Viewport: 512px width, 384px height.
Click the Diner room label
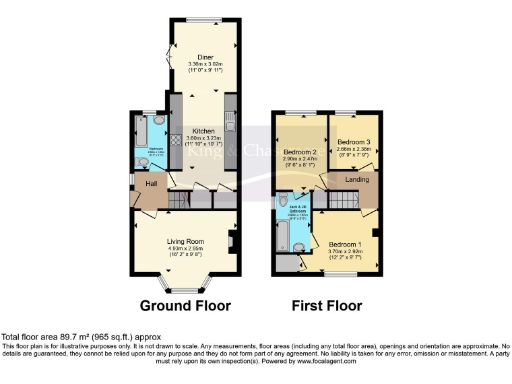click(205, 57)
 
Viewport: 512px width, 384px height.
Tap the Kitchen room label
click(204, 131)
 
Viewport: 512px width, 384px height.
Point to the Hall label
click(151, 184)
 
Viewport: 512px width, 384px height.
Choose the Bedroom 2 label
click(299, 152)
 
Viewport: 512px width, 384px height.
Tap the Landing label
click(357, 179)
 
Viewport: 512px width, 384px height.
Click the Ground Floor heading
click(185, 305)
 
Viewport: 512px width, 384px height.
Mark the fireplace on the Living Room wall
click(231, 243)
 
